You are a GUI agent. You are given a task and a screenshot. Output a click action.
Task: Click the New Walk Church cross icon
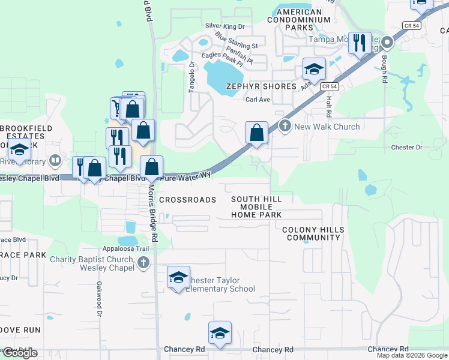(285, 127)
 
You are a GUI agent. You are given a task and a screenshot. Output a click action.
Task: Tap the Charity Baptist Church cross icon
(143, 262)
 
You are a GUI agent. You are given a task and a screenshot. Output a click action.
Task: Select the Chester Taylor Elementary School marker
(178, 277)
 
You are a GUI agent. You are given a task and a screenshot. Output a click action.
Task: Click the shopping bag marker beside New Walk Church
(257, 133)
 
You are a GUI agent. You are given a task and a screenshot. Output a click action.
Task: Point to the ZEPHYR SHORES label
(261, 86)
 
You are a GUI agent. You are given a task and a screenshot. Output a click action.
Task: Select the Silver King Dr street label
(225, 26)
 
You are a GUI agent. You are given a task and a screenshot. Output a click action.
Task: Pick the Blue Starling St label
(236, 41)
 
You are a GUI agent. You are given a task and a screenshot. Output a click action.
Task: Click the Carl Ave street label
(259, 100)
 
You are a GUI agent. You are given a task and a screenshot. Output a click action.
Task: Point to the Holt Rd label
(329, 107)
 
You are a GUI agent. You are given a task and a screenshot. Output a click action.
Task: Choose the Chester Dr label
(406, 147)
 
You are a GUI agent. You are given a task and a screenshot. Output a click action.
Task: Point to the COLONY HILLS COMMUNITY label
(313, 234)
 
